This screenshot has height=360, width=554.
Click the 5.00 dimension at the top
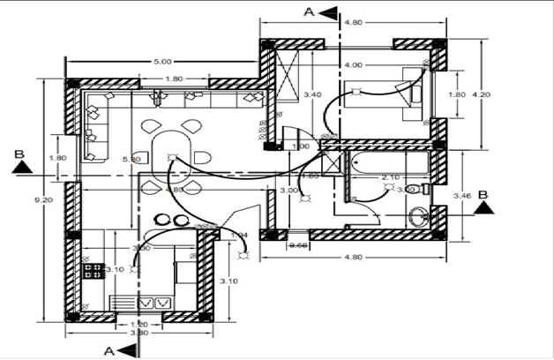(162, 62)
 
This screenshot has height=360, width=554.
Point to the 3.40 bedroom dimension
(311, 93)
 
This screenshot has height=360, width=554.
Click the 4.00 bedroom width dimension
(353, 65)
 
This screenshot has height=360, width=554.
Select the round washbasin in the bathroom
(419, 214)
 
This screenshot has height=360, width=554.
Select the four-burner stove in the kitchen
(89, 268)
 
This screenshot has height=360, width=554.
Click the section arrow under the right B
(482, 207)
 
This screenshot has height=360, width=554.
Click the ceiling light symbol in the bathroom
(401, 188)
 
